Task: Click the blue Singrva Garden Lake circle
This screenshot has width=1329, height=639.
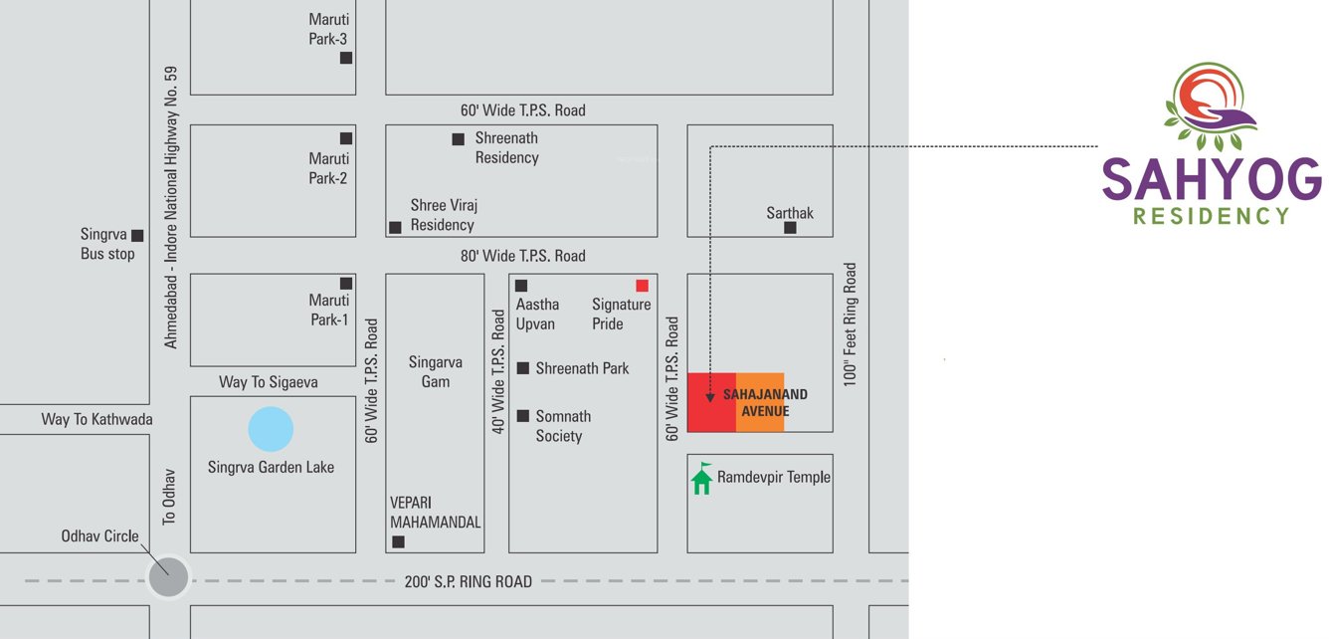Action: pos(271,431)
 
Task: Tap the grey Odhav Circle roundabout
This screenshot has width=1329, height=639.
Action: pos(167,577)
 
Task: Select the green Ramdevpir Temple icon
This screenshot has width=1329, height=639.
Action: pos(701,479)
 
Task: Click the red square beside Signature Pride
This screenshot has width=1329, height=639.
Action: pos(642,286)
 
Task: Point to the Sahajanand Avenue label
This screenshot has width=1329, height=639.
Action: pos(765,403)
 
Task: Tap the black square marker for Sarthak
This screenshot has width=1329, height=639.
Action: pos(790,228)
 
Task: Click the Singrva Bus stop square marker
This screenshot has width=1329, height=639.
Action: pos(137,236)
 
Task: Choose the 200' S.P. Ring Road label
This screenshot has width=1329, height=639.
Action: pos(469,581)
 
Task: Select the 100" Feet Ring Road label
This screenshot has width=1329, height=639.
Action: pos(850,324)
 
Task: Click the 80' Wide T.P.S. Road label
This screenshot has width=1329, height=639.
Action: pos(522,256)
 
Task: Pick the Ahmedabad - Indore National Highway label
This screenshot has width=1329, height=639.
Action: pos(171,207)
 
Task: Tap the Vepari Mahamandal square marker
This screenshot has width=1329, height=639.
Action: pos(398,541)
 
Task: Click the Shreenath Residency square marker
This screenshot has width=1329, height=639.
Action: pos(458,139)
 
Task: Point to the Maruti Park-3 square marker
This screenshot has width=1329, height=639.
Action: pos(346,58)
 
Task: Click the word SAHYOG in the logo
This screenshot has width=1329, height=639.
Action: pos(1212,181)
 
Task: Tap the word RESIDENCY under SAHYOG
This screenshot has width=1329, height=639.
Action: pos(1212,216)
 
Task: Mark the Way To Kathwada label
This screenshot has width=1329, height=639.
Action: pos(96,419)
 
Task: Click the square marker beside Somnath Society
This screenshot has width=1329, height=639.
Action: pos(522,416)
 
